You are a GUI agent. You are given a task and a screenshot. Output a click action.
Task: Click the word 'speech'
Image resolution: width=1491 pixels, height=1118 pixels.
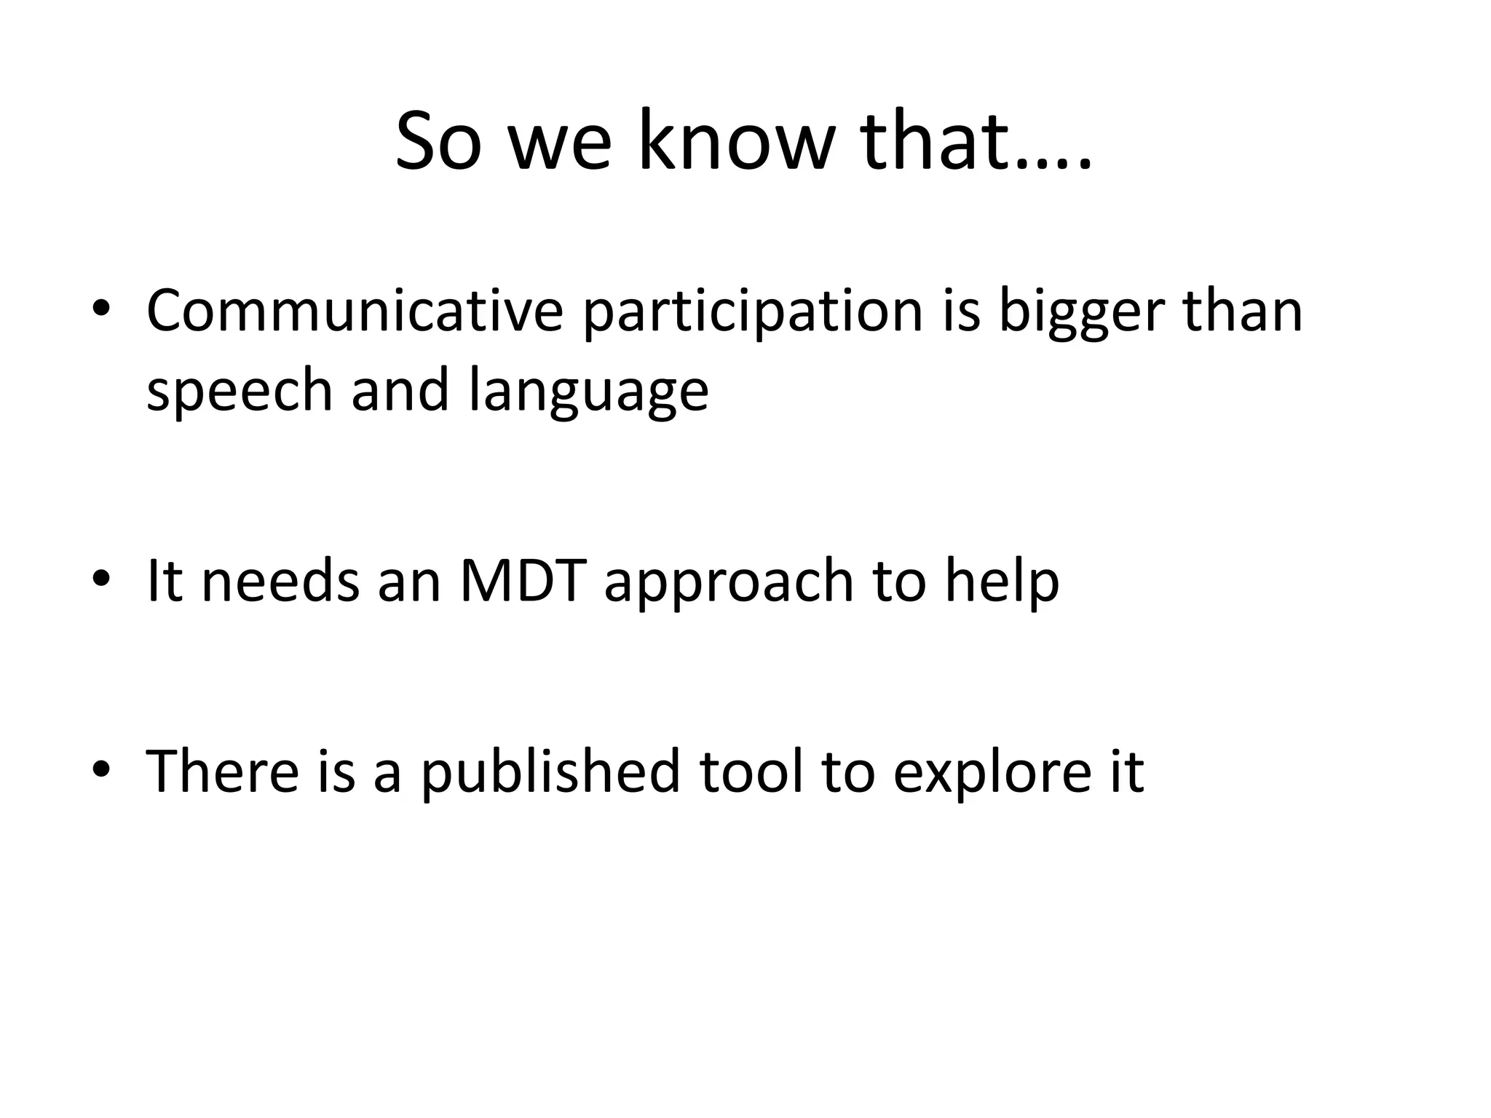pyautogui.click(x=239, y=391)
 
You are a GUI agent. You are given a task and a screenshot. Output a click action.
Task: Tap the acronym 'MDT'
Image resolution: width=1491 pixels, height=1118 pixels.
pyautogui.click(x=523, y=580)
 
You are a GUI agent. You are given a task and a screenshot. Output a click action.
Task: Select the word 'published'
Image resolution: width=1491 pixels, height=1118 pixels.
pyautogui.click(x=550, y=772)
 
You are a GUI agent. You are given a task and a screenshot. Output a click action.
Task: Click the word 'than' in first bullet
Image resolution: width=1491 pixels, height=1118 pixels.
pyautogui.click(x=1242, y=311)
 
